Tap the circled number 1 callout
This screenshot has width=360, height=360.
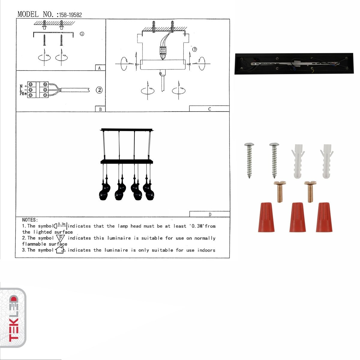pyautogui.click(x=82, y=34)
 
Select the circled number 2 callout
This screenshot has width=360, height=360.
pyautogui.click(x=99, y=90)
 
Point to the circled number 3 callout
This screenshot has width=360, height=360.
pyautogui.click(x=194, y=49)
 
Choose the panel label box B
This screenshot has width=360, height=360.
pyautogui.click(x=100, y=109)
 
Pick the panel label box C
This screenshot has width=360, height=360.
pyautogui.click(x=209, y=109)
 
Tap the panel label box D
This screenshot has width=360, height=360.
pyautogui.click(x=209, y=214)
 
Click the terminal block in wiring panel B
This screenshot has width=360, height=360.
pyautogui.click(x=38, y=89)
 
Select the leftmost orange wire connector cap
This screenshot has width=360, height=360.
pyautogui.click(x=266, y=217)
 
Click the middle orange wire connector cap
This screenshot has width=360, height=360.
pyautogui.click(x=297, y=217)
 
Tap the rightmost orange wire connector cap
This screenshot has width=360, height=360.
pyautogui.click(x=324, y=217)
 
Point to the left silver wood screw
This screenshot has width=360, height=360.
pyautogui.click(x=249, y=160)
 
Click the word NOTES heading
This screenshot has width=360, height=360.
pyautogui.click(x=30, y=220)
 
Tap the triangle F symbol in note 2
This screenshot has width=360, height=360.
pyautogui.click(x=60, y=238)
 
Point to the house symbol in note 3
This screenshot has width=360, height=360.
pyautogui.click(x=60, y=250)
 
